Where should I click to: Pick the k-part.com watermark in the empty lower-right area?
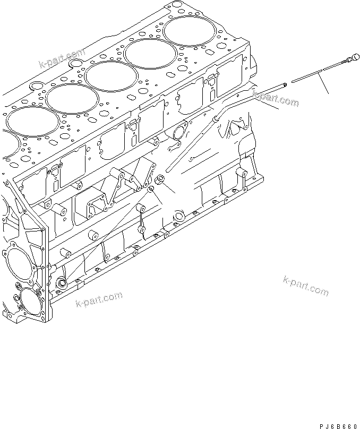click(306, 285)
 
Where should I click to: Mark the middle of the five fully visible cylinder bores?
click(109, 75)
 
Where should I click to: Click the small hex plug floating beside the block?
click(159, 179)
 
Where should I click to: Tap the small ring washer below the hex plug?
click(151, 189)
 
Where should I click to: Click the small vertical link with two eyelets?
click(142, 218)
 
